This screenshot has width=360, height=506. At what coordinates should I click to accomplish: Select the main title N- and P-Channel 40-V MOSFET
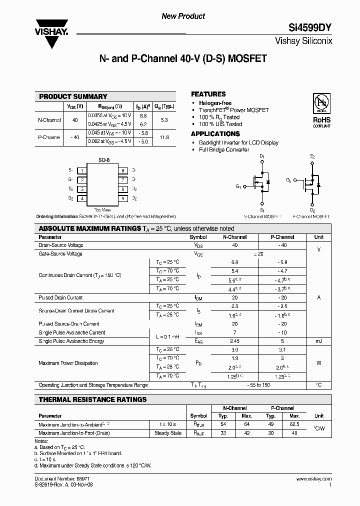[183, 58]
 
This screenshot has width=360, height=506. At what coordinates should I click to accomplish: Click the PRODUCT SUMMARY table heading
[73, 96]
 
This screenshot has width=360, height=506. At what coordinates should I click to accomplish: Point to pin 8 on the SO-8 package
[122, 171]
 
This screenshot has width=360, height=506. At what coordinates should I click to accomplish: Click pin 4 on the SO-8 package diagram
[81, 198]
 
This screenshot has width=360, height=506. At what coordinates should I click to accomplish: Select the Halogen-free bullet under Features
[215, 103]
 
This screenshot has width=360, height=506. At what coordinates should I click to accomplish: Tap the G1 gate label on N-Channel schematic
[238, 187]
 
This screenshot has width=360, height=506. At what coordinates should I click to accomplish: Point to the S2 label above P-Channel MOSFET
[312, 156]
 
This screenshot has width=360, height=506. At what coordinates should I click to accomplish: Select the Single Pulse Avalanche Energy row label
[71, 341]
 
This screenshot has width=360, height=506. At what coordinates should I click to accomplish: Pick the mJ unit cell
[318, 341]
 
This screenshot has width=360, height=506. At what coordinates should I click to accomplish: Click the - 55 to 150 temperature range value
[259, 385]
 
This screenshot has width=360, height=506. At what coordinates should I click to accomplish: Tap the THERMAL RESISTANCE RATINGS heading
[93, 399]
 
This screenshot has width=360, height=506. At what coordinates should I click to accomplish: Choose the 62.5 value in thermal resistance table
[294, 424]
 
